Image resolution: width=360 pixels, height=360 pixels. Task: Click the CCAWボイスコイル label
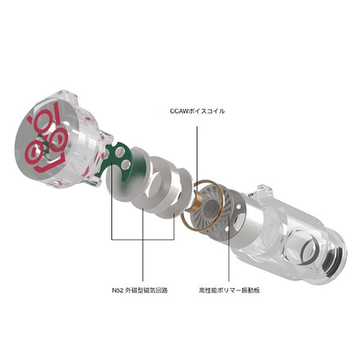pyautogui.click(x=197, y=112)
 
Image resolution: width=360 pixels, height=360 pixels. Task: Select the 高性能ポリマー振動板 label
pyautogui.click(x=229, y=290)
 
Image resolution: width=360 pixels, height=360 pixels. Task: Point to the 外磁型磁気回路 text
pyautogui.click(x=147, y=290)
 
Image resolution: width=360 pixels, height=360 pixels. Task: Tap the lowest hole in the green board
pyautogui.click(x=125, y=164)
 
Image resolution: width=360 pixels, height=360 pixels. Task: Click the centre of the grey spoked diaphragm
pyautogui.click(x=211, y=206)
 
